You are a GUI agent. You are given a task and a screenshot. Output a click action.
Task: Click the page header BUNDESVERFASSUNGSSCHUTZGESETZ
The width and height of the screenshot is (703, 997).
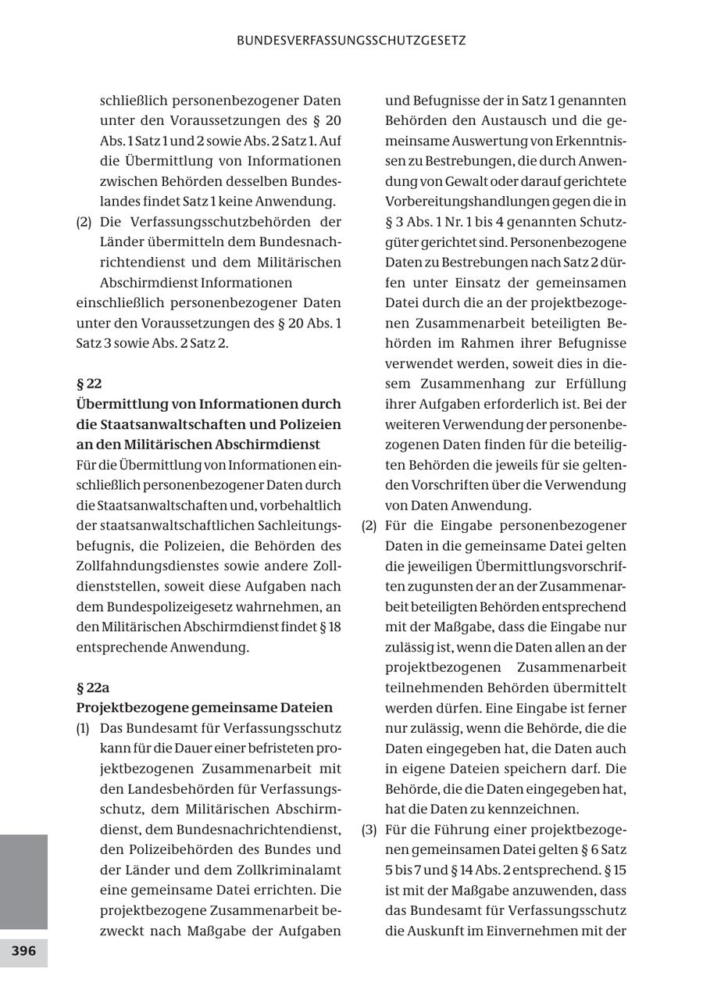(351, 40)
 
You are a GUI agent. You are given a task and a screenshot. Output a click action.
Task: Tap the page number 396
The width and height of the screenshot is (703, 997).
(23, 952)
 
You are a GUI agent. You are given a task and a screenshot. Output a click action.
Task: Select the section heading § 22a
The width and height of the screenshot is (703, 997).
(93, 688)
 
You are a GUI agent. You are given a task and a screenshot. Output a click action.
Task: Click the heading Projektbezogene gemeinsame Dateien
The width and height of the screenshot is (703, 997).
(204, 708)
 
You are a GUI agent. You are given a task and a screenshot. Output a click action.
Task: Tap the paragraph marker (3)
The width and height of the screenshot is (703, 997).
(369, 830)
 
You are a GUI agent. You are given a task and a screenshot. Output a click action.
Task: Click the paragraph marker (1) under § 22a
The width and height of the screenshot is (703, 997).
(84, 728)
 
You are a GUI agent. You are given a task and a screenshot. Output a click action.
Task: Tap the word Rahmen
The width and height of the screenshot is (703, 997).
(482, 343)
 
